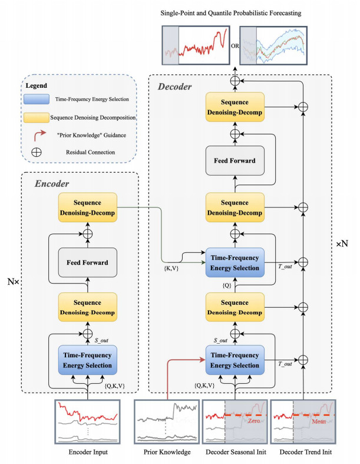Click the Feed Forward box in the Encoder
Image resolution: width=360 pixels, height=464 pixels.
pyautogui.click(x=87, y=260)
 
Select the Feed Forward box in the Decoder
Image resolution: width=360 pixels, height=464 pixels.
pyautogui.click(x=235, y=161)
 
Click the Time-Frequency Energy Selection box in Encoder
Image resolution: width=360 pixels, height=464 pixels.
pyautogui.click(x=87, y=359)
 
